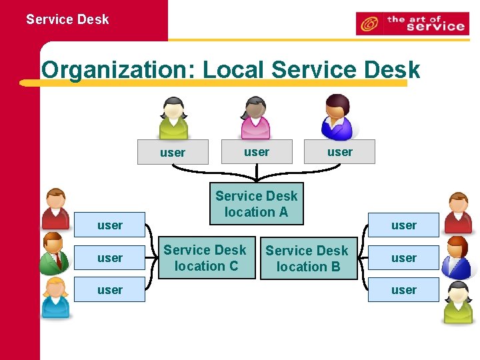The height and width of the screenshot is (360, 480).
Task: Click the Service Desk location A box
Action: (x=257, y=203)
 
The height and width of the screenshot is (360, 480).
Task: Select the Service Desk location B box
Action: (x=308, y=258)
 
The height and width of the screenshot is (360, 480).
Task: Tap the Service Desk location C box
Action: (x=205, y=257)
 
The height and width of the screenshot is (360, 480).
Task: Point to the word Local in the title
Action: (x=234, y=69)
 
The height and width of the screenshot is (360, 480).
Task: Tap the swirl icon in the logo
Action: (x=369, y=25)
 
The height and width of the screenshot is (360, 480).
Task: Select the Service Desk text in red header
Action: (x=67, y=19)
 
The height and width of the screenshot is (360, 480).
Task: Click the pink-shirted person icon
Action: (x=255, y=118)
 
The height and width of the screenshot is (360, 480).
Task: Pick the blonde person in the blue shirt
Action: (x=55, y=297)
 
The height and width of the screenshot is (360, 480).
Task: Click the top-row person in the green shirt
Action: (x=173, y=118)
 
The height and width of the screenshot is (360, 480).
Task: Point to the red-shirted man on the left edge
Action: (x=55, y=209)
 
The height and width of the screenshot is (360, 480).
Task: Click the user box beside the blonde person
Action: (x=110, y=290)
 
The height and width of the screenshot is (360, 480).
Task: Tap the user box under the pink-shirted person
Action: (x=257, y=152)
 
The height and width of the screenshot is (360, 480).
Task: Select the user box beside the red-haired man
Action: (x=404, y=257)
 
